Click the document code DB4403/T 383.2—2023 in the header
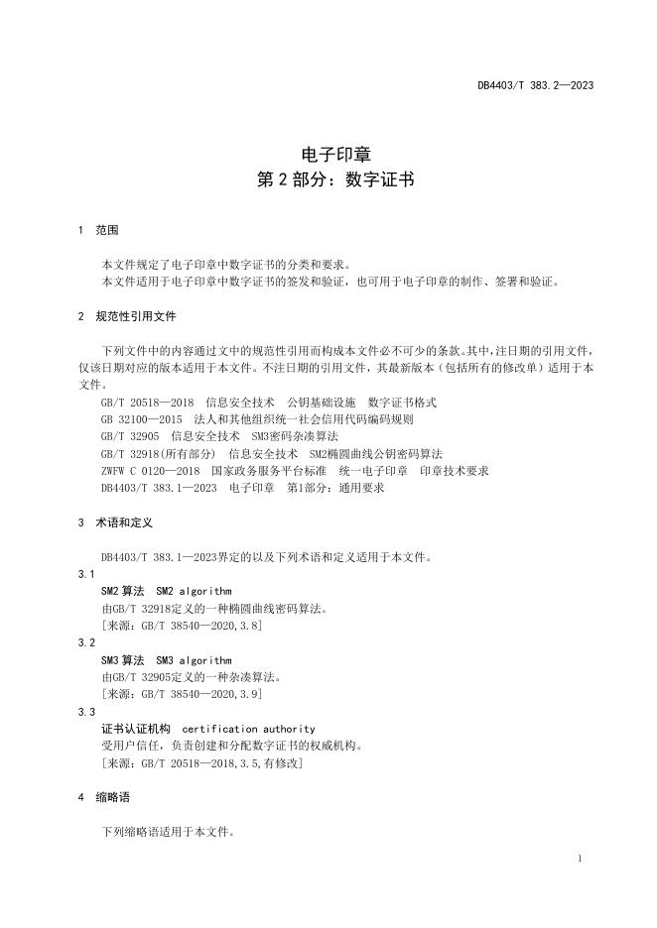[535, 86]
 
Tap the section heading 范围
[106, 230]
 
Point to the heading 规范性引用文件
[136, 316]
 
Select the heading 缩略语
[113, 797]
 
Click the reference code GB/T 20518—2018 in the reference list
[147, 403]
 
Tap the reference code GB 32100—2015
[140, 419]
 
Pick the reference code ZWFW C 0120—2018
[150, 471]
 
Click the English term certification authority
[248, 729]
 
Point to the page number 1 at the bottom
[580, 858]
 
